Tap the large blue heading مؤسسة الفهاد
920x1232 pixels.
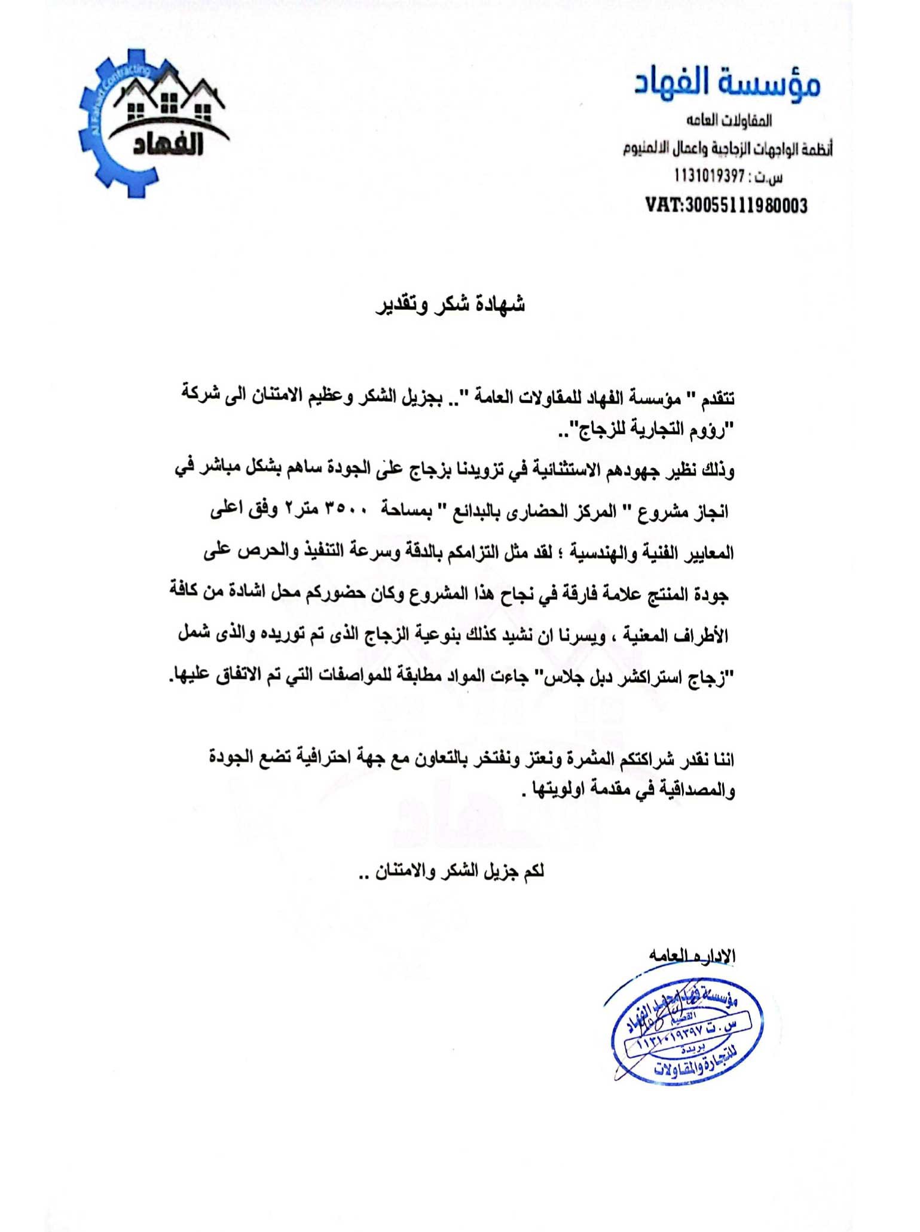pyautogui.click(x=727, y=84)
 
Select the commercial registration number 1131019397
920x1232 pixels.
pyautogui.click(x=710, y=176)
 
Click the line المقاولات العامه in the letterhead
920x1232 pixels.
pyautogui.click(x=729, y=121)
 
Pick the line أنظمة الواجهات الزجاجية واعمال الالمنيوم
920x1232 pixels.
pyautogui.click(x=728, y=149)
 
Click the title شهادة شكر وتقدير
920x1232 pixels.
pyautogui.click(x=450, y=304)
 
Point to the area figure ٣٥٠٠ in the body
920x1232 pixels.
pyautogui.click(x=345, y=511)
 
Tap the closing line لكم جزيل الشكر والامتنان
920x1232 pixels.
pyautogui.click(x=459, y=871)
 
